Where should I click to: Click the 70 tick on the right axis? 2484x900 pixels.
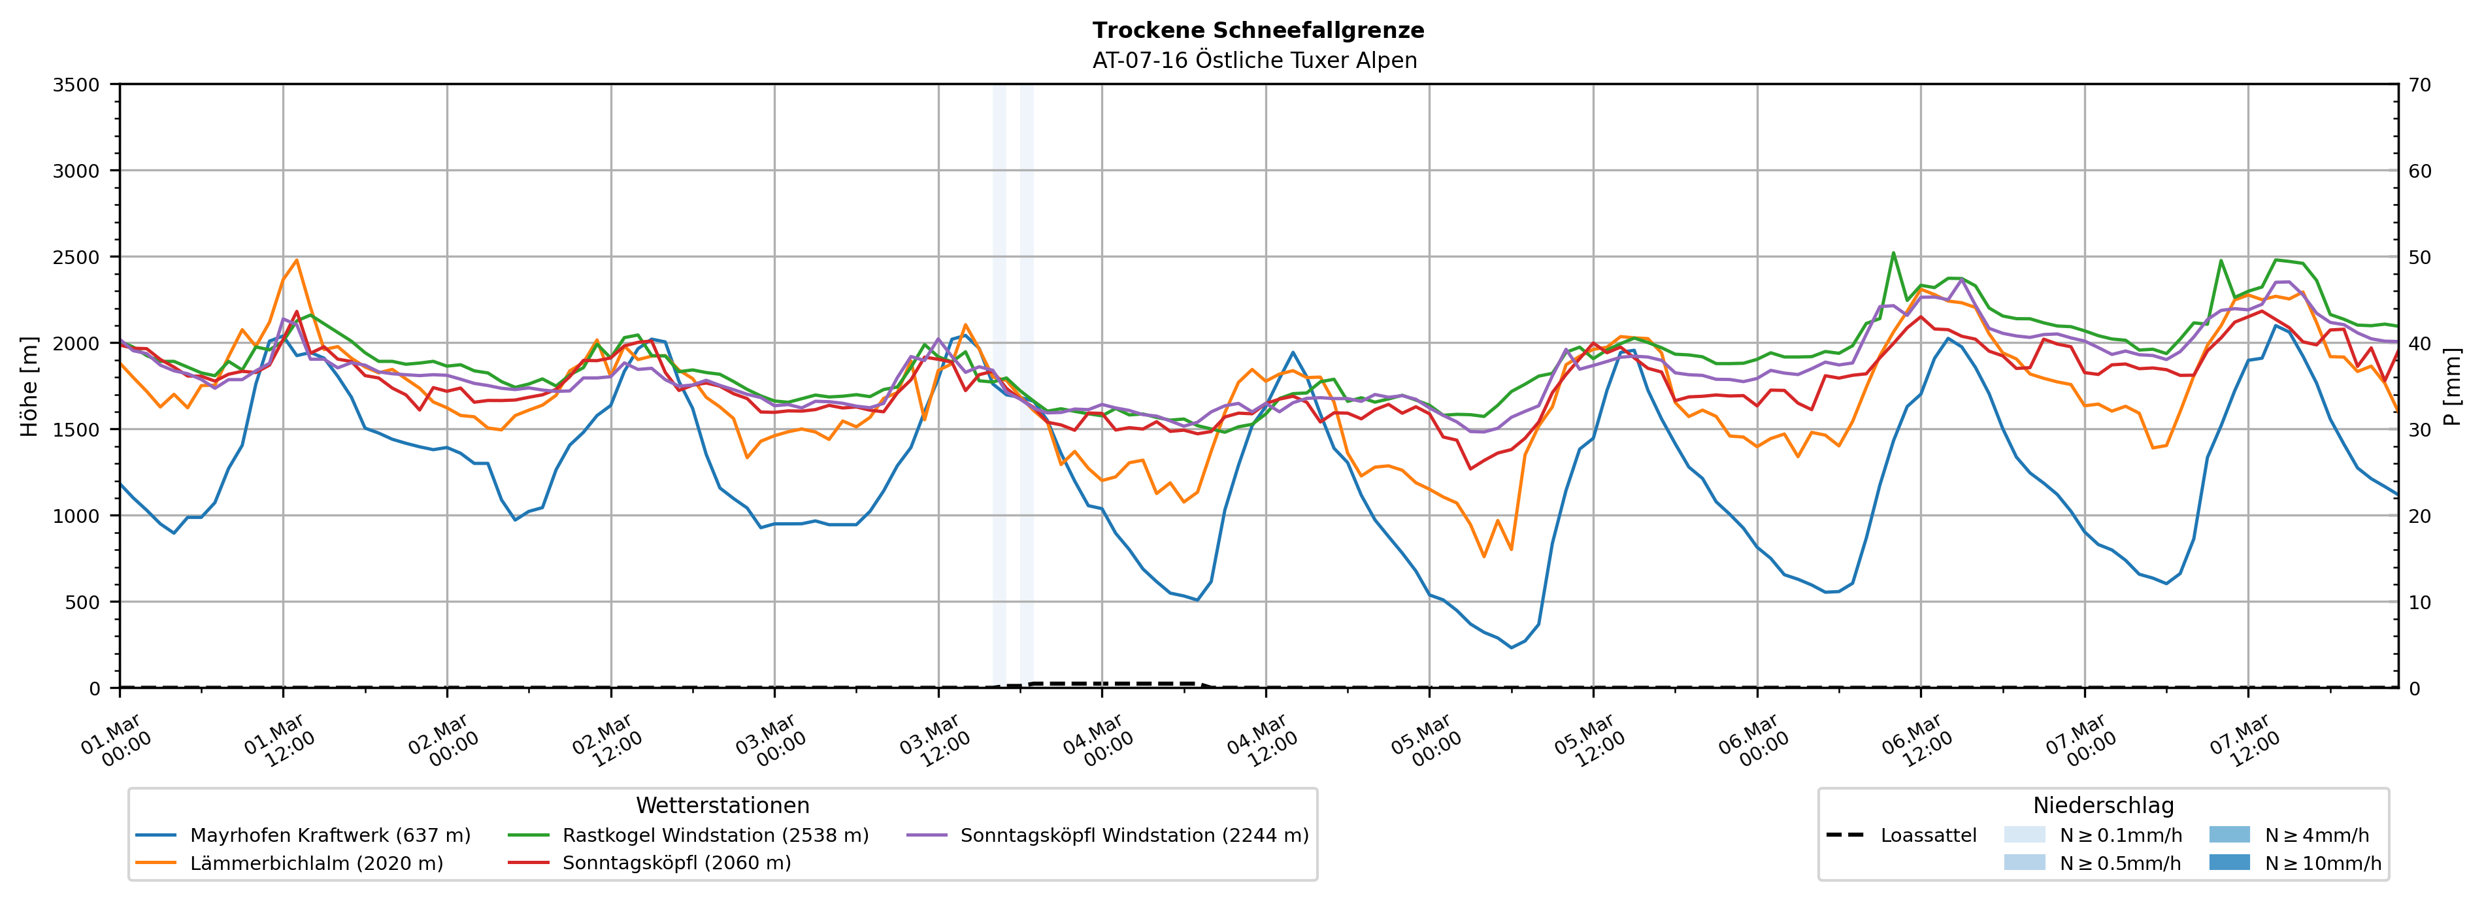2421,85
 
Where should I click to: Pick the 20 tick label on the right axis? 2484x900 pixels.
2421,516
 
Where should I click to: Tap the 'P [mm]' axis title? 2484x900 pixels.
2452,386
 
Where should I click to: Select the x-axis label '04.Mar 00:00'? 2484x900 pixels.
1097,741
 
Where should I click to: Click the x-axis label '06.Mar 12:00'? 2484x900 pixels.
1916,741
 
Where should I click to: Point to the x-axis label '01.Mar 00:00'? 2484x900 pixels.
116,741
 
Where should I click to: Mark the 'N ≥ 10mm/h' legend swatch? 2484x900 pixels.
2228,862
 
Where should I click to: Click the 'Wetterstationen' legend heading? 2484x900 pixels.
722,805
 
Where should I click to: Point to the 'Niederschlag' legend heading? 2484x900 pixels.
2103,805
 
